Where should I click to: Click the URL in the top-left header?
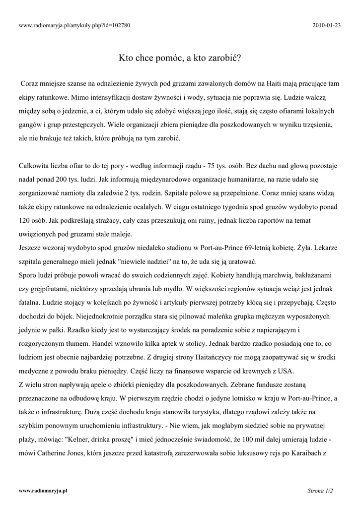[74, 25]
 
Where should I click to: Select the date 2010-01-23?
[328, 25]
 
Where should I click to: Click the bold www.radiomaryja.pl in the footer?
[43, 491]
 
